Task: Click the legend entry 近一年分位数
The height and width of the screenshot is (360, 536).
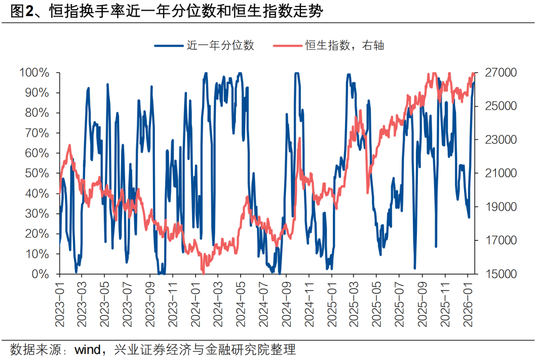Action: (220, 46)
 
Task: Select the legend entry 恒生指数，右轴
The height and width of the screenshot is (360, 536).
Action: (345, 46)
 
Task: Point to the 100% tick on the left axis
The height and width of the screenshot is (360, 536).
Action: (35, 73)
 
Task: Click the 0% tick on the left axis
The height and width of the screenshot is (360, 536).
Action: (41, 274)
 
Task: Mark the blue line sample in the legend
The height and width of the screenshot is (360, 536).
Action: (169, 46)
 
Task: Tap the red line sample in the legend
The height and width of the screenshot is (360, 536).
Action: (287, 46)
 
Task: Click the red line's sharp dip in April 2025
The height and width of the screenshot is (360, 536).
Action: (368, 192)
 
